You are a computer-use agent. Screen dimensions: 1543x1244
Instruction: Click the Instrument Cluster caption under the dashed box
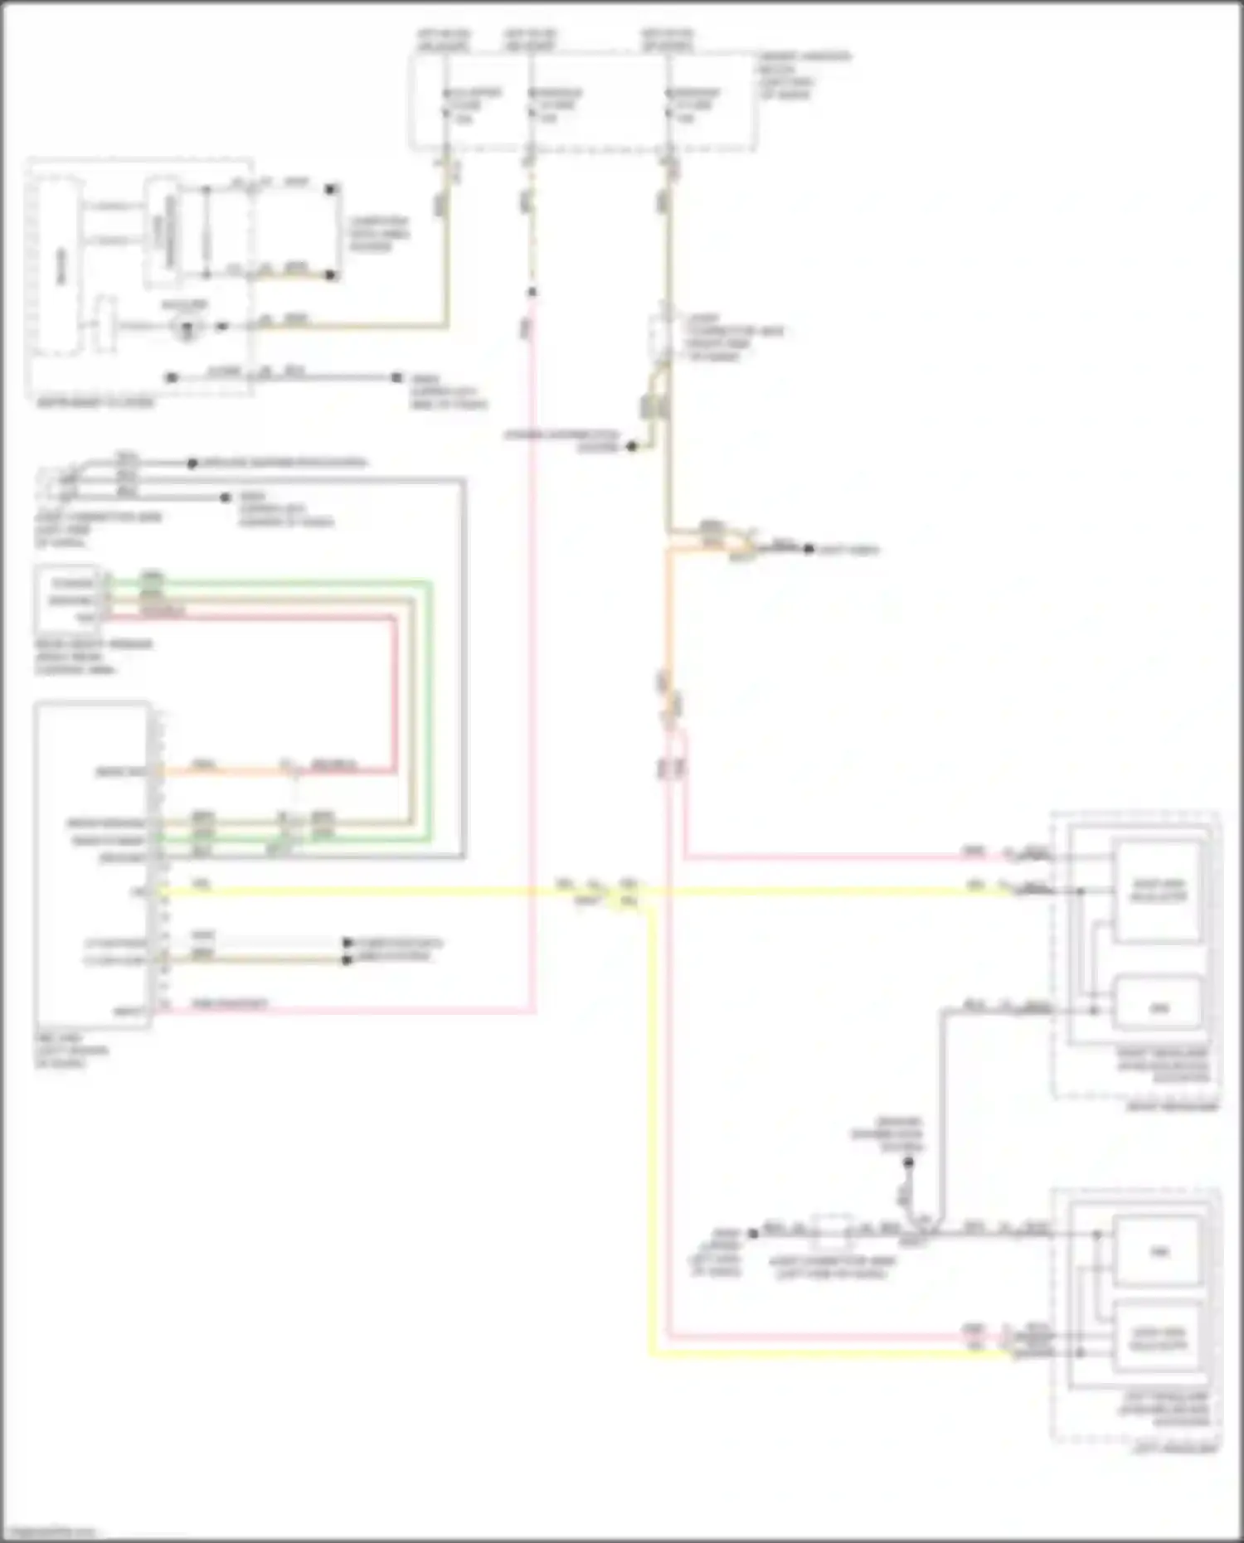click(95, 403)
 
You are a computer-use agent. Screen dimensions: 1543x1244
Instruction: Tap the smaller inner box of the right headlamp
click(1158, 1007)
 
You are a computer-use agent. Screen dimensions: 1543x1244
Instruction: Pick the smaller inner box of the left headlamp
click(1158, 1251)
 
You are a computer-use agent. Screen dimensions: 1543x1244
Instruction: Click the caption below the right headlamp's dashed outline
click(1172, 1106)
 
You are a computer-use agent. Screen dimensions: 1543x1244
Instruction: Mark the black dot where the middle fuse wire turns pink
click(532, 292)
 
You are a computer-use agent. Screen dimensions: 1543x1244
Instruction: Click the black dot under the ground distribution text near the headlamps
click(908, 1163)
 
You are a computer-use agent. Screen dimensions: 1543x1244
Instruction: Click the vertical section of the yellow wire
click(651, 1128)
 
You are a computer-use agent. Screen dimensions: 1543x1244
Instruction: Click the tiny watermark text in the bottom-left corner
click(48, 1532)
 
